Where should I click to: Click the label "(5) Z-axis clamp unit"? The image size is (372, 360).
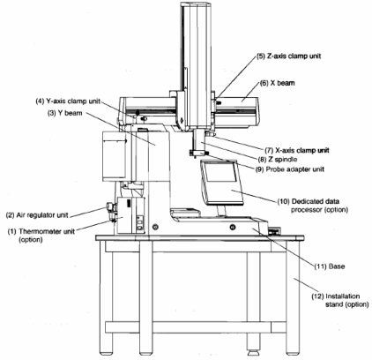289,56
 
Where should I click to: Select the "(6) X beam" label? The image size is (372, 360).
277,83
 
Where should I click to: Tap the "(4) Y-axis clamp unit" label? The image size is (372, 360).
68,101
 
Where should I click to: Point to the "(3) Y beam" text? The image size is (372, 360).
65,113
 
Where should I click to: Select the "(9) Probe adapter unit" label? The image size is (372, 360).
290,169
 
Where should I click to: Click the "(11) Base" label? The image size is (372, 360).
330,266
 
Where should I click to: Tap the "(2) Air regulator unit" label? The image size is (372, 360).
37,215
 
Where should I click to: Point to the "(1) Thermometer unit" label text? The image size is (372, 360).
41,231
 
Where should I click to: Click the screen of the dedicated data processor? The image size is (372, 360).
220,171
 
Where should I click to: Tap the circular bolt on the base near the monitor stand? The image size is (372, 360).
233,227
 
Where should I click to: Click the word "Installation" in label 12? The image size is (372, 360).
343,296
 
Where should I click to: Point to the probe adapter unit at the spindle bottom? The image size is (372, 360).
199,154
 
